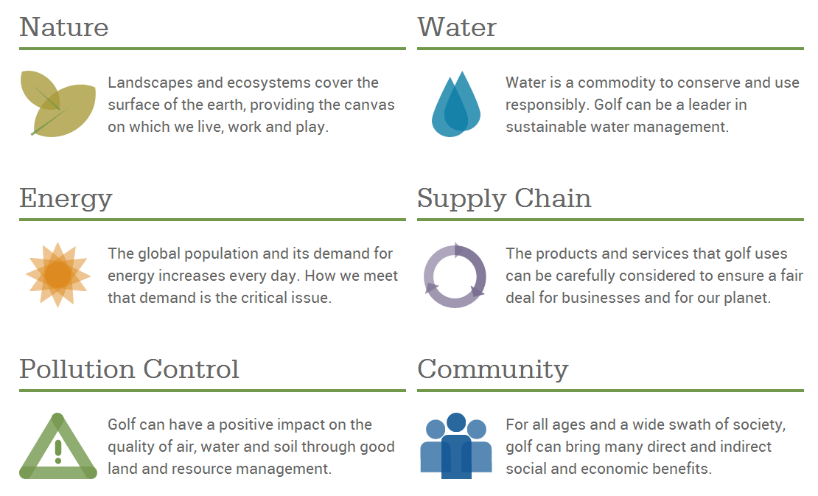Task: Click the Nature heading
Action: (64, 27)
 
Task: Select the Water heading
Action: (457, 27)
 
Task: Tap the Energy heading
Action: (66, 199)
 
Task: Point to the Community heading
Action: (492, 369)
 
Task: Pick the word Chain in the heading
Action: (553, 198)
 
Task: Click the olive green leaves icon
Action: (58, 104)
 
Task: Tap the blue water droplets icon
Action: (456, 104)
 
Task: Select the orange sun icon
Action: (58, 275)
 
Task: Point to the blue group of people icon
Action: (456, 446)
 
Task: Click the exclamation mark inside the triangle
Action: (58, 452)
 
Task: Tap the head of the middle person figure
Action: (456, 422)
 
